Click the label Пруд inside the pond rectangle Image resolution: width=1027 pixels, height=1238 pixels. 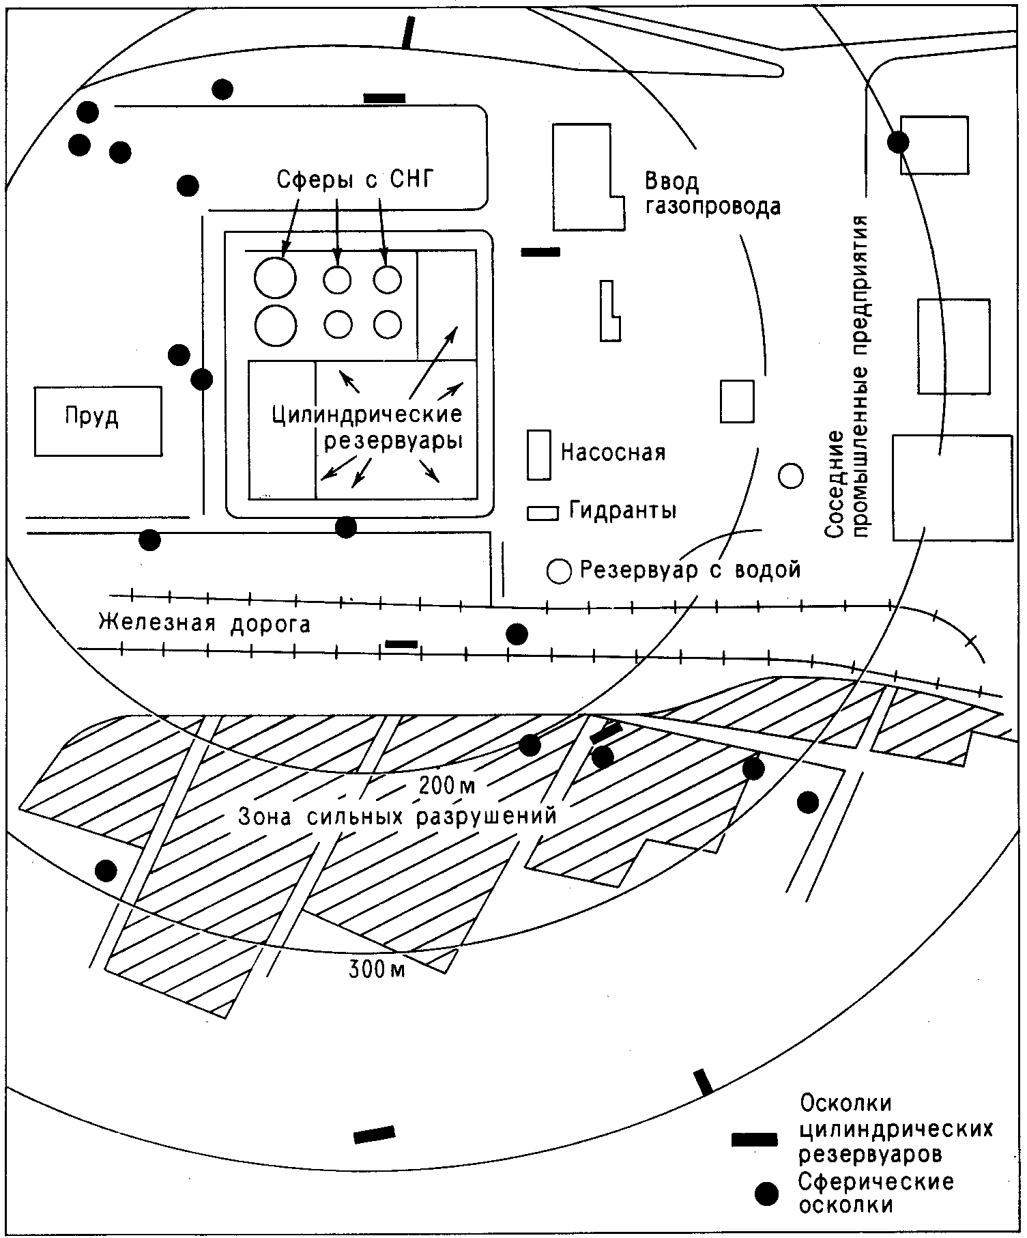pyautogui.click(x=92, y=416)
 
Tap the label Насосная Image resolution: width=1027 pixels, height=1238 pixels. pyautogui.click(x=613, y=452)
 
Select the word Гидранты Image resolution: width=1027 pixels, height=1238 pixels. pyautogui.click(x=622, y=510)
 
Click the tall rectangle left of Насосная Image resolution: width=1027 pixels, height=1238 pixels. pyautogui.click(x=539, y=455)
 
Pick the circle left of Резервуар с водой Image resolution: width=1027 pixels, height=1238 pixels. pyautogui.click(x=559, y=570)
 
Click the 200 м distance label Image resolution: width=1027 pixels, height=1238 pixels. pyautogui.click(x=447, y=786)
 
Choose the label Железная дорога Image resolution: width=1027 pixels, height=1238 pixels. pyautogui.click(x=205, y=623)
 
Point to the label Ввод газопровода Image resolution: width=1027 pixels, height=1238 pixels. pyautogui.click(x=712, y=194)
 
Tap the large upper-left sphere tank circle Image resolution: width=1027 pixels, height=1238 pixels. pyautogui.click(x=275, y=277)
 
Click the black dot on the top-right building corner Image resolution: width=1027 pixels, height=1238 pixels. pyautogui.click(x=898, y=142)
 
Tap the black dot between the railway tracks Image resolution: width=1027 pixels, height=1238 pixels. pyautogui.click(x=517, y=634)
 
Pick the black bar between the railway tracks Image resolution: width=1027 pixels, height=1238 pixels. pyautogui.click(x=401, y=643)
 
